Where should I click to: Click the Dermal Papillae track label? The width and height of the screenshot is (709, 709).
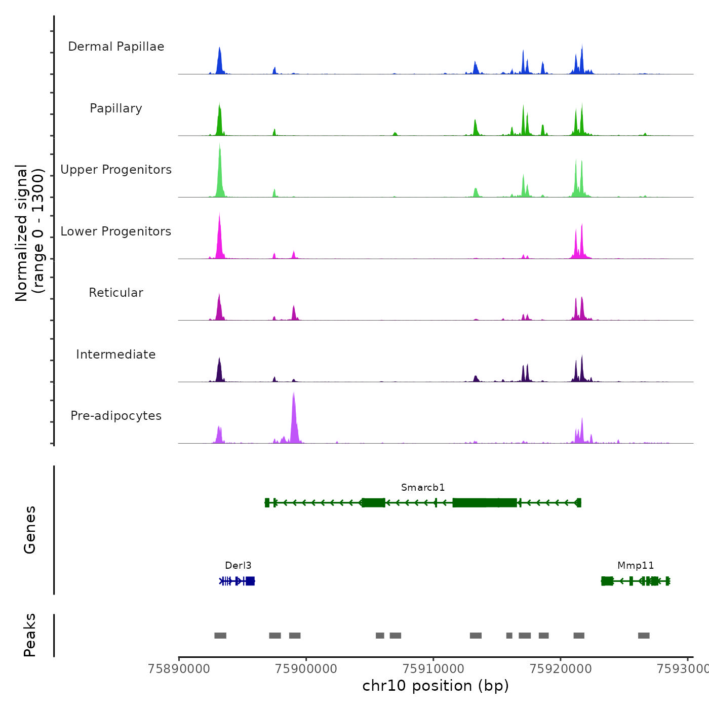pos(116,47)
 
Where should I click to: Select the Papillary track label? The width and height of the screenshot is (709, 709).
pos(116,108)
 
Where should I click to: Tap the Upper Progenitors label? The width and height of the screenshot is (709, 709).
pos(116,170)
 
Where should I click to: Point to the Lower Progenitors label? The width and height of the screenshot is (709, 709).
pos(116,231)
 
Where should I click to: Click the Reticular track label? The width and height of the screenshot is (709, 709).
pos(116,293)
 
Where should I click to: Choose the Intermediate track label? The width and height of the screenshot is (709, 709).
pos(116,354)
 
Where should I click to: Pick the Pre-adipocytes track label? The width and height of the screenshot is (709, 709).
pos(116,416)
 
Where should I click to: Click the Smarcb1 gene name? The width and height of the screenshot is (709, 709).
pos(423,488)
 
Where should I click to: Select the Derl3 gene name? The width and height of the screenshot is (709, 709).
pos(238,566)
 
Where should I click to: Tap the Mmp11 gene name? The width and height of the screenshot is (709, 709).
pos(636,566)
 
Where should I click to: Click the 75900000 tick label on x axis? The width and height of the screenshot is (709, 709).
pos(306,669)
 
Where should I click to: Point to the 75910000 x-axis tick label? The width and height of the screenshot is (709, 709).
pos(434,669)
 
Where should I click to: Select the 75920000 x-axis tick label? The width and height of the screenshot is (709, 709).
pos(561,669)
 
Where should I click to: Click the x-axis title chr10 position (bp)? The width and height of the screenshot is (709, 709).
pos(436,686)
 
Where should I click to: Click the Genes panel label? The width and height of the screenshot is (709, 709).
pos(30,530)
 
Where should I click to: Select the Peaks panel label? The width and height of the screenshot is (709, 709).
pos(30,635)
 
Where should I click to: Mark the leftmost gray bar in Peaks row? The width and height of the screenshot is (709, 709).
pos(220,636)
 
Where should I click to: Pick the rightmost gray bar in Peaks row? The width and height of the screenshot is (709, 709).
pos(644,636)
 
